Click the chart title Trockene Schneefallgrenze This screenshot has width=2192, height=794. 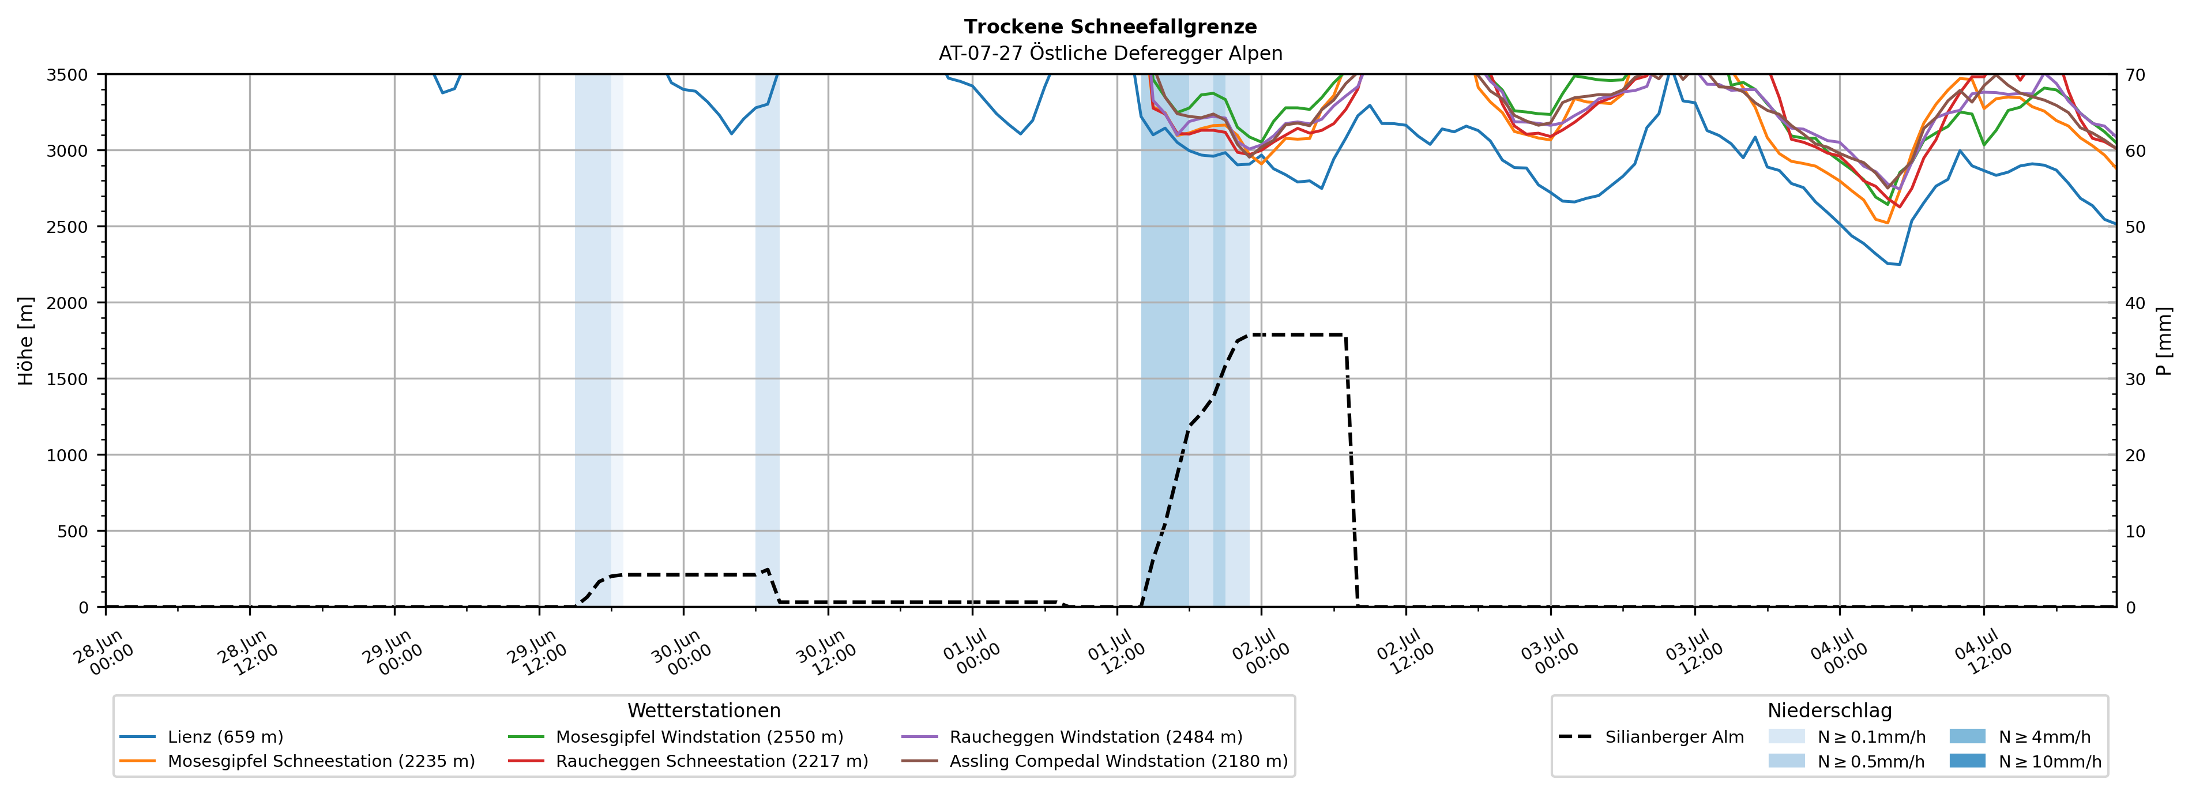1111,27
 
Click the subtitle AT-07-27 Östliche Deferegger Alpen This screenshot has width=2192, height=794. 1111,54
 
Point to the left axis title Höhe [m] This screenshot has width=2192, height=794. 27,340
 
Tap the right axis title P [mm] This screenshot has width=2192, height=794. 2165,340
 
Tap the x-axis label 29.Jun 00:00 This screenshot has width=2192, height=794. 393,652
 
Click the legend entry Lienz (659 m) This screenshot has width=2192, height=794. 202,737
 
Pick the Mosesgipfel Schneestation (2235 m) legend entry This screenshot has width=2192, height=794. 297,761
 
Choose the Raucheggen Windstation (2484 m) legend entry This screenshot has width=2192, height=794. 1072,737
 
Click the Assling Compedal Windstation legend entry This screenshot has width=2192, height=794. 1095,761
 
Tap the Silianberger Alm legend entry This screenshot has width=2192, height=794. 1651,737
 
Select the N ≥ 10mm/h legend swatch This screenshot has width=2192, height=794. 1967,761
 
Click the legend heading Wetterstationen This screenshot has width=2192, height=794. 704,710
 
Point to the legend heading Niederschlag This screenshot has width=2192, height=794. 1829,710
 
